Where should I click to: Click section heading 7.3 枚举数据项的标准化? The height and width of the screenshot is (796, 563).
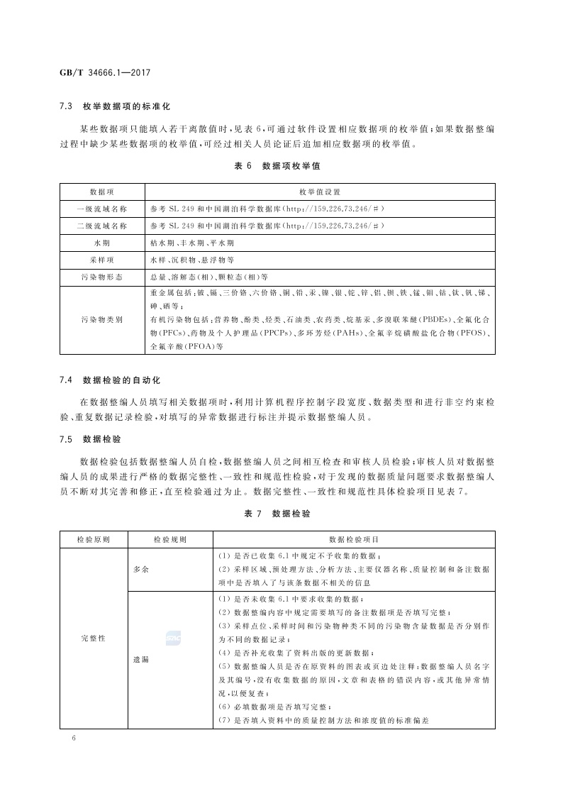[x=115, y=106]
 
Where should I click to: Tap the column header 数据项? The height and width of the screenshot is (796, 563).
[x=103, y=192]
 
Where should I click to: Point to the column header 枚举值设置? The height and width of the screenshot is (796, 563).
[x=320, y=192]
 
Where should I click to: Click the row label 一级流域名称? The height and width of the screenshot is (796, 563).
[x=103, y=209]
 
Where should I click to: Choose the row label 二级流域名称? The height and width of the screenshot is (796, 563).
[x=103, y=226]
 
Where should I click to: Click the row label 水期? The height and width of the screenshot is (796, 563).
[x=103, y=243]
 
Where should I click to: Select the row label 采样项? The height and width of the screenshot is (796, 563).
[x=103, y=260]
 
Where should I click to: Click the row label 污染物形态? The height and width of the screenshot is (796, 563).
[x=103, y=277]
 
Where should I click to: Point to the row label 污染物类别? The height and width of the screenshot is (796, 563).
[x=103, y=320]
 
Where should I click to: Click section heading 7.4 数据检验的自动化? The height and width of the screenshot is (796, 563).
[x=115, y=380]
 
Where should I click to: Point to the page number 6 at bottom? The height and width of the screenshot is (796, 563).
[x=74, y=739]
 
